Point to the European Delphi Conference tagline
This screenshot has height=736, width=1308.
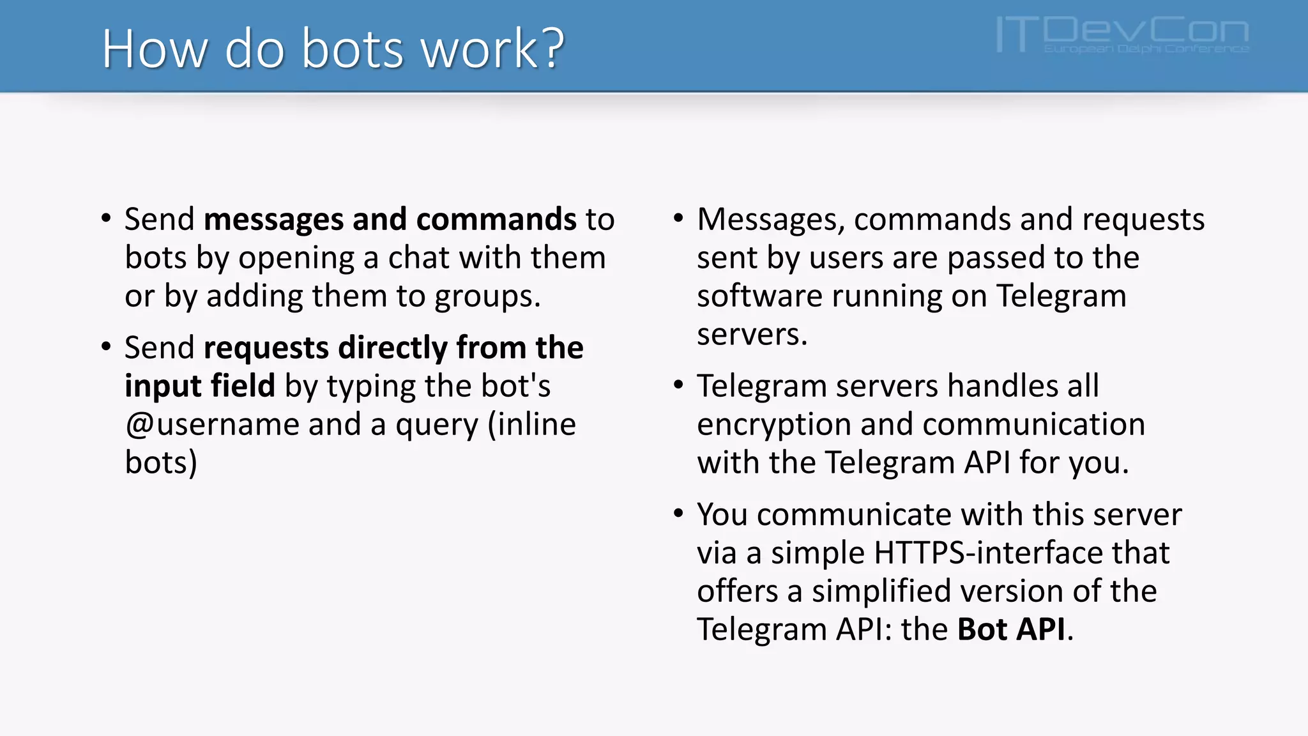(x=1146, y=49)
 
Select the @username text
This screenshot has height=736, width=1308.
(x=211, y=425)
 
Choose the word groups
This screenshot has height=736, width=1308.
(x=487, y=297)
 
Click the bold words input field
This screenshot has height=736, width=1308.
(x=199, y=386)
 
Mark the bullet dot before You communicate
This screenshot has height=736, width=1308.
(x=678, y=513)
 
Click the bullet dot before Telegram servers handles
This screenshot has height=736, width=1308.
(x=678, y=385)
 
